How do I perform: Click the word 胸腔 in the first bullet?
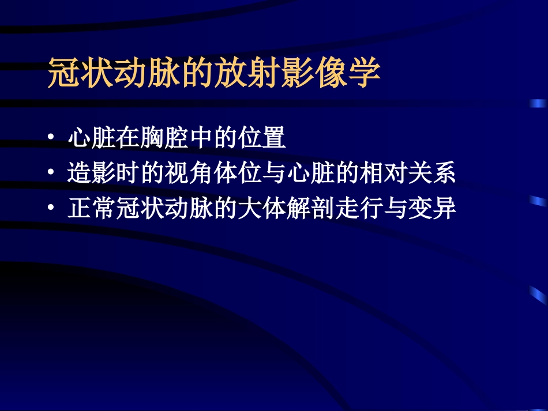(165, 138)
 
